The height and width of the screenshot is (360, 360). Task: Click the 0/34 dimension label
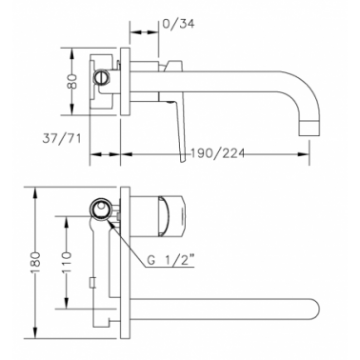pos(178,24)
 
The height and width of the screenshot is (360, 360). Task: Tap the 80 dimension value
pos(73,82)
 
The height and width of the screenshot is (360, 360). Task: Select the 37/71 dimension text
pos(62,138)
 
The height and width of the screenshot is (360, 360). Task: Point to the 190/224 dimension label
pos(218,153)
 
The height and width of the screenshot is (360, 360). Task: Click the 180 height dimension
pos(36,263)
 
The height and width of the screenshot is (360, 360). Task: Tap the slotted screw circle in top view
pos(101,77)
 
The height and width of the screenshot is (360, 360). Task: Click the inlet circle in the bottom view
pos(101,209)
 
